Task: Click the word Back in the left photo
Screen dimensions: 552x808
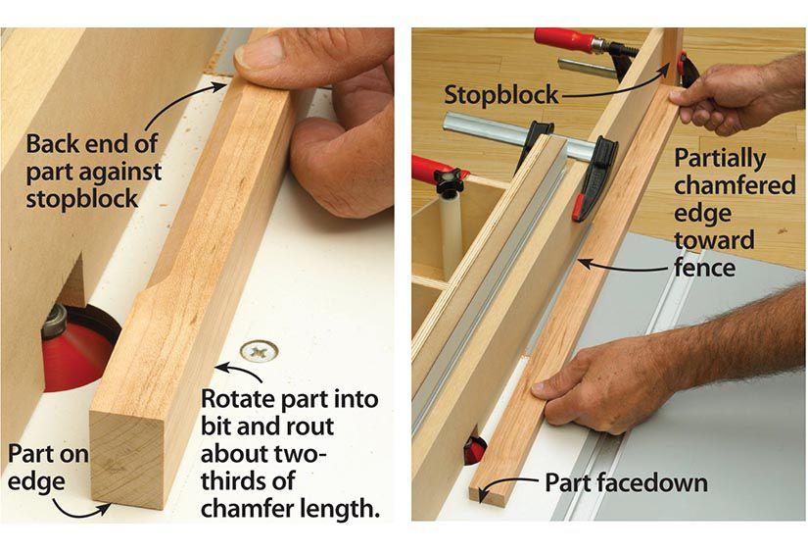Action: [x=49, y=144]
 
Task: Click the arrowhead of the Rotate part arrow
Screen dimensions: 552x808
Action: [x=219, y=368]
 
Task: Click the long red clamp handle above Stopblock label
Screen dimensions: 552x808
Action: [x=566, y=40]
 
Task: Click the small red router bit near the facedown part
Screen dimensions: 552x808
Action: [x=474, y=450]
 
